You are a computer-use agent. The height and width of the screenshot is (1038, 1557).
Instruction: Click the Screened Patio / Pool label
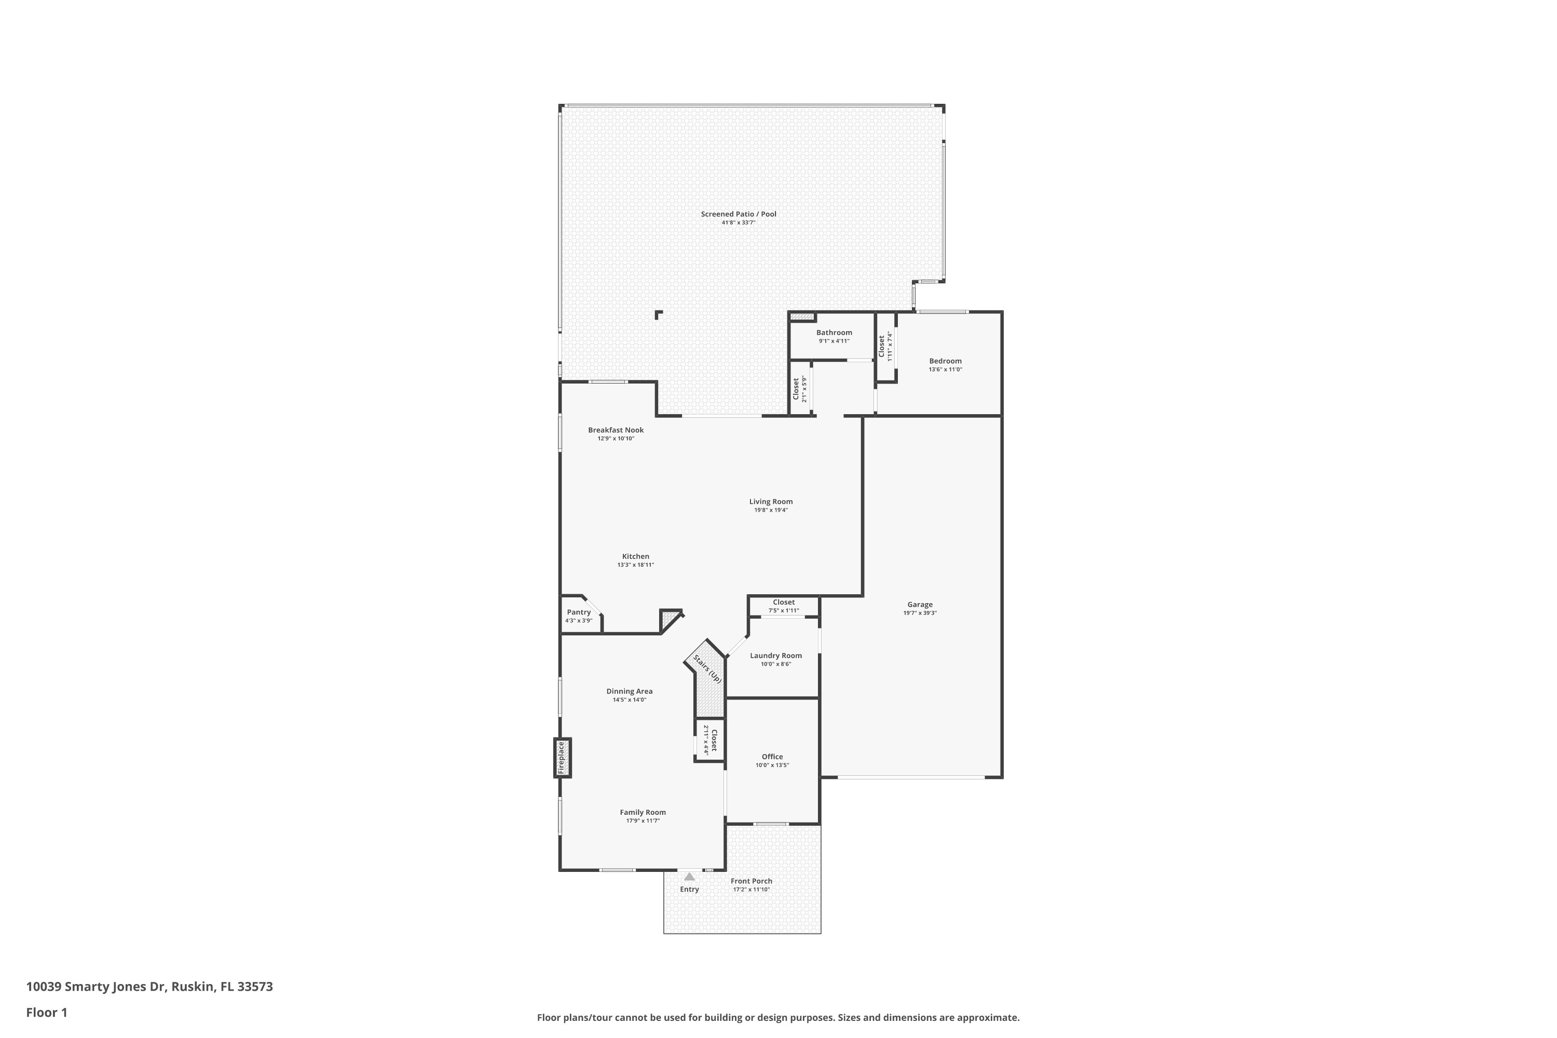click(738, 214)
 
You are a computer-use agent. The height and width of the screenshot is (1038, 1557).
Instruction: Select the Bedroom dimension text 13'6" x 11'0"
click(945, 370)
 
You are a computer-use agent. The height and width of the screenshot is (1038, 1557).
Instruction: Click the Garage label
click(920, 605)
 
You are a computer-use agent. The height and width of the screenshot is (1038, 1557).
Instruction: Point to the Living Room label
click(771, 501)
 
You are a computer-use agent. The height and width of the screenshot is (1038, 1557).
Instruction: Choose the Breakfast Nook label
click(616, 430)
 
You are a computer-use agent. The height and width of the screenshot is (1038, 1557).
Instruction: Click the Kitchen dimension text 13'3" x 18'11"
click(635, 565)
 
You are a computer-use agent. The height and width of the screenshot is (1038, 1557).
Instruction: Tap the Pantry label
click(579, 612)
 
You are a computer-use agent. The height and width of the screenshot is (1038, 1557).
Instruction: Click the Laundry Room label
click(775, 655)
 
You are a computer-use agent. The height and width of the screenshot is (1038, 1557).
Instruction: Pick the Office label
click(772, 757)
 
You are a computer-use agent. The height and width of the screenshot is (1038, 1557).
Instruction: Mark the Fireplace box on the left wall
click(562, 757)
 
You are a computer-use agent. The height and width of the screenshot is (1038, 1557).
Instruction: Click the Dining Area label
click(629, 691)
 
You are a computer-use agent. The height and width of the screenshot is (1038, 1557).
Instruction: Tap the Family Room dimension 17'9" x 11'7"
click(643, 821)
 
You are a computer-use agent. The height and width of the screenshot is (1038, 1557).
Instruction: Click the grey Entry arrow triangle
click(689, 877)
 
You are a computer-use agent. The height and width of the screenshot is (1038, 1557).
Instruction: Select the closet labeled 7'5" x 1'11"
click(783, 606)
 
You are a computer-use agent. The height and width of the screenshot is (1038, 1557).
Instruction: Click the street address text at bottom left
click(149, 987)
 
